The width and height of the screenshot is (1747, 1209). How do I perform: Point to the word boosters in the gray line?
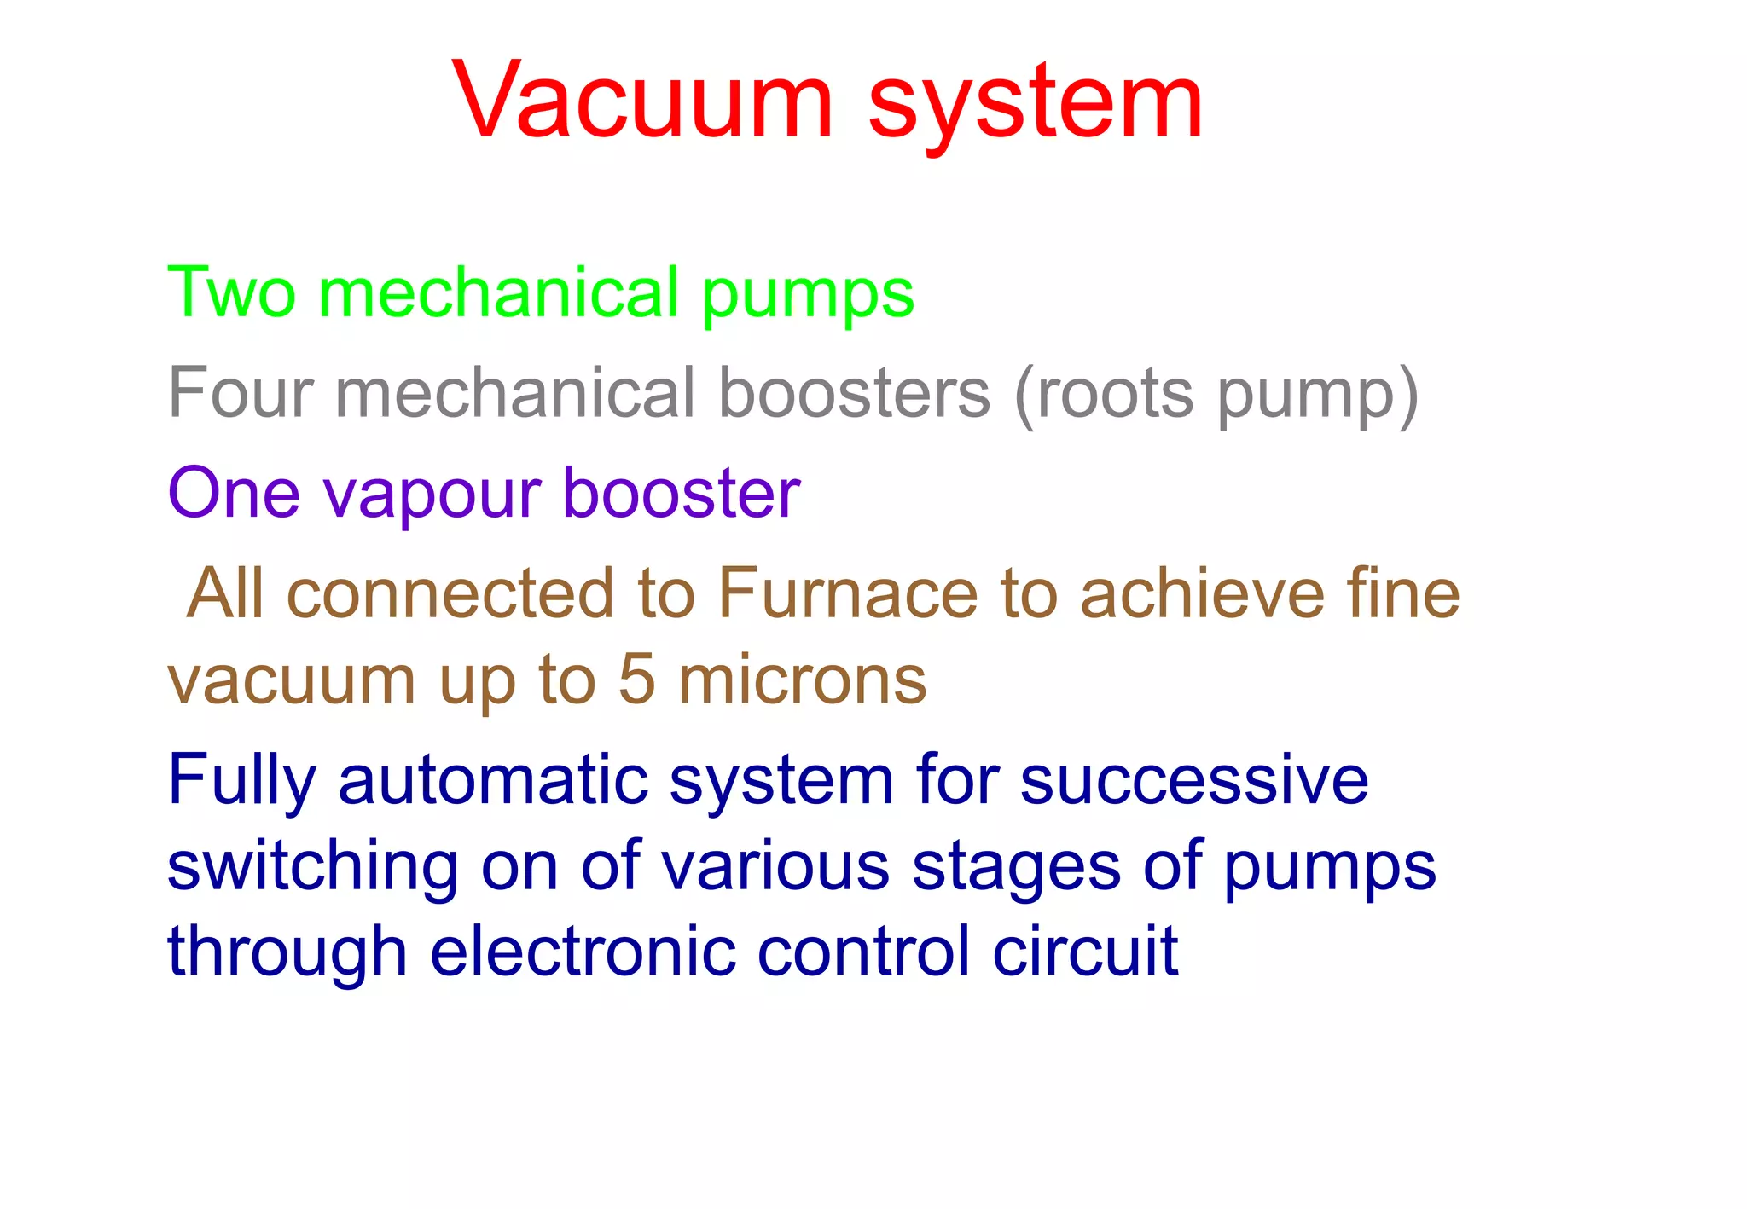click(854, 392)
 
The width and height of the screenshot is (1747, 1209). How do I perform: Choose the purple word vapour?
click(432, 495)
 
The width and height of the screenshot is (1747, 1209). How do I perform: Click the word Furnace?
click(848, 593)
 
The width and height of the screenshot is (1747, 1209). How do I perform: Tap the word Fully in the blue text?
click(241, 781)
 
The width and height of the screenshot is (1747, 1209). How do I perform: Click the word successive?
click(1193, 781)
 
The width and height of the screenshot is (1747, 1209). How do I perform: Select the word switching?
click(312, 868)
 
